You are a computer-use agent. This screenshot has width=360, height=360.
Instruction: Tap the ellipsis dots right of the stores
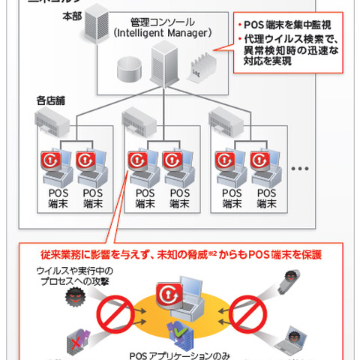coord(300,169)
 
